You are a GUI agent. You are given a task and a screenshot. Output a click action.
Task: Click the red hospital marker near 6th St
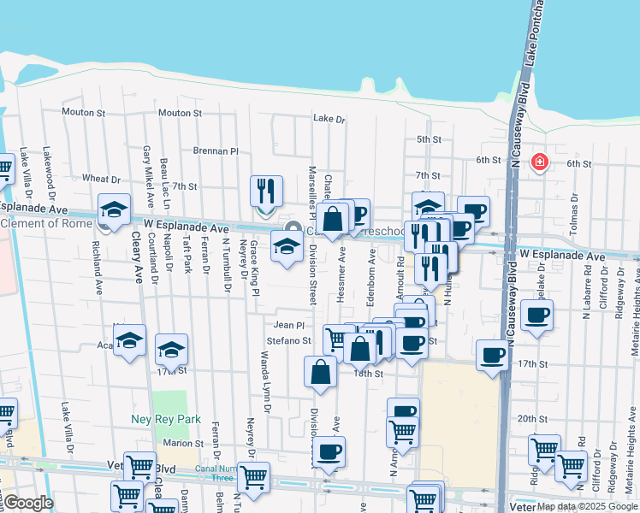539,162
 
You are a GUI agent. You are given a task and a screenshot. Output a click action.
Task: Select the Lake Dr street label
329,119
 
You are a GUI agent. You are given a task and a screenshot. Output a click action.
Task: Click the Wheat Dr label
101,179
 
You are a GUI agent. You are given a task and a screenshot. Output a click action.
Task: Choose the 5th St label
429,139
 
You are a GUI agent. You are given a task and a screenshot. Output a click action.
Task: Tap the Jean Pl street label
289,325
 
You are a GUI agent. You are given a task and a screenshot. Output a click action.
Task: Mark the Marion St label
184,443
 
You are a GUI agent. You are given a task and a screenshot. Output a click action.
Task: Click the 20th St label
531,419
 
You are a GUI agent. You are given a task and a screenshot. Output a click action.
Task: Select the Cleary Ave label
137,261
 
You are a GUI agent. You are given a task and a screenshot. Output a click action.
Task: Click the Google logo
27,503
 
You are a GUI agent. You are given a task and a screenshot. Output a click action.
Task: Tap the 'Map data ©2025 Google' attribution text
587,506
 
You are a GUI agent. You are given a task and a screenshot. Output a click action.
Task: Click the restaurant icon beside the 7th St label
266,192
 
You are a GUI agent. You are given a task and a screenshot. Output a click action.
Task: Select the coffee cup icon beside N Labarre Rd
536,315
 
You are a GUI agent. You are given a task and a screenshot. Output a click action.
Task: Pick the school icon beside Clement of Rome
113,209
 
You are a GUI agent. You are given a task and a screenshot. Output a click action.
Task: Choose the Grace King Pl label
255,268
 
